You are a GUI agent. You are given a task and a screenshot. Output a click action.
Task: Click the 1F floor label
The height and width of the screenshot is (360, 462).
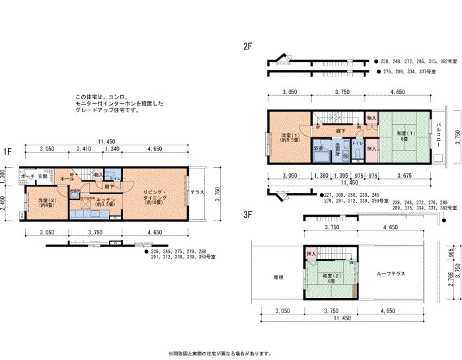[x=7, y=151]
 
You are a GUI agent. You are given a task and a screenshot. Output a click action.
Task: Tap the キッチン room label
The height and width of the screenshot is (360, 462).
[x=106, y=201]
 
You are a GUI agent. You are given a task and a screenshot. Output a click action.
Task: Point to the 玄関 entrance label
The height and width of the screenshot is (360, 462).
[x=42, y=177]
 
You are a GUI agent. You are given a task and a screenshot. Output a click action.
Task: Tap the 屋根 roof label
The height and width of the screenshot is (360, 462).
[x=278, y=277]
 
